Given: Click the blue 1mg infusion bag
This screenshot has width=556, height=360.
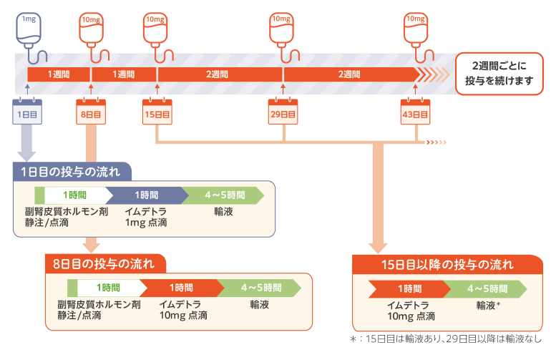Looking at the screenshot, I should [x=27, y=27].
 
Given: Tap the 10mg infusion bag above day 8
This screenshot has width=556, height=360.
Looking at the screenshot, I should [x=90, y=27].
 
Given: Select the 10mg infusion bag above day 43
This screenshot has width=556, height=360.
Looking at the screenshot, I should [x=416, y=27].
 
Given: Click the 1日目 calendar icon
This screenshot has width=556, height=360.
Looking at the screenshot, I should [x=27, y=112].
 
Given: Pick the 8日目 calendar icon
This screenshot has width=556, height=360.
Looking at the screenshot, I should [x=91, y=112].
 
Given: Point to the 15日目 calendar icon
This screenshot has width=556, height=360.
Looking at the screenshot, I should [x=157, y=112].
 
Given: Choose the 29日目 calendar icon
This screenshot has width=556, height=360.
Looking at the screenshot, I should [x=283, y=112].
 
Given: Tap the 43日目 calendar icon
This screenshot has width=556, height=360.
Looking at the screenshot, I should [x=416, y=112].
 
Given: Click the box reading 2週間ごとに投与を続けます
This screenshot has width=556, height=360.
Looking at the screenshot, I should [x=499, y=74].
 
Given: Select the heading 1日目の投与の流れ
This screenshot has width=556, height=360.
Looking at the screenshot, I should [x=72, y=171].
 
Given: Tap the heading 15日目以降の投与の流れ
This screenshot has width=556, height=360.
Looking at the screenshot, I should [x=447, y=264].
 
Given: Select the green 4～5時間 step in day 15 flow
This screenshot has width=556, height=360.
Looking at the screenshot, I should [x=487, y=288].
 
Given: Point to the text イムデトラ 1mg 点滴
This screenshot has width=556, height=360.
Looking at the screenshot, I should [x=146, y=218].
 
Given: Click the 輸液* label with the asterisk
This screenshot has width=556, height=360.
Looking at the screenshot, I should [x=488, y=305].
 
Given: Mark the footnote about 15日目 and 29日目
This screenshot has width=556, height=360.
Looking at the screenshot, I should [x=446, y=339].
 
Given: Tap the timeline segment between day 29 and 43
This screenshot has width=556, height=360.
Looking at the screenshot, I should [x=348, y=74].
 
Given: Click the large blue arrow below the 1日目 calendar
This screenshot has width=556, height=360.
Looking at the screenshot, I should [x=27, y=143].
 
